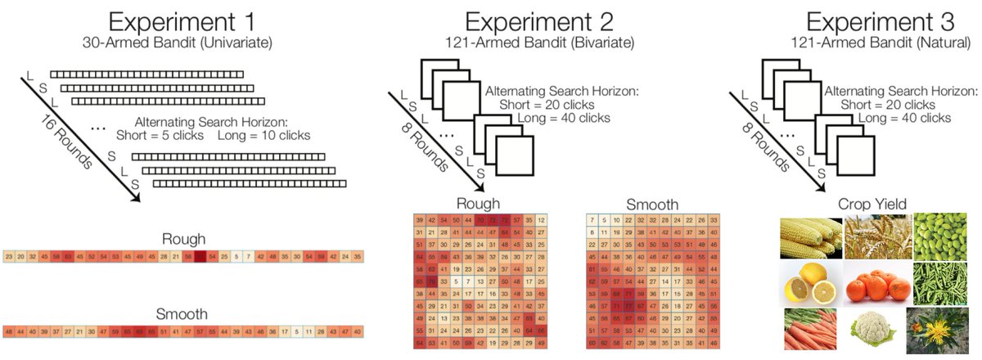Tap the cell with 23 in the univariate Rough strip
(x=9, y=257)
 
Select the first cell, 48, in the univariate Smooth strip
(x=9, y=331)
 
